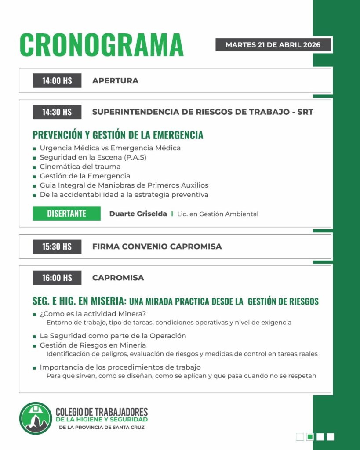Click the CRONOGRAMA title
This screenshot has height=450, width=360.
(101, 44)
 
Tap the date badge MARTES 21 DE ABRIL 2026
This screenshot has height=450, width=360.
(273, 45)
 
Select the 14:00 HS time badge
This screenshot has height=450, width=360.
(57, 81)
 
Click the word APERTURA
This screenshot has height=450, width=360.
(115, 81)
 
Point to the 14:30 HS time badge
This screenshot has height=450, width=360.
(57, 112)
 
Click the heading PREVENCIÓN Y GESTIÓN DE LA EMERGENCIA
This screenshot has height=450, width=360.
(118, 134)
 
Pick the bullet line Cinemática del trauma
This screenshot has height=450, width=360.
(80, 167)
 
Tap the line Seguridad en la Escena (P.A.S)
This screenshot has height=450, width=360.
(93, 157)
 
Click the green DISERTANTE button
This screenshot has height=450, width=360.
(66, 214)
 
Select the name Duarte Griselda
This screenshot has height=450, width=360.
(138, 214)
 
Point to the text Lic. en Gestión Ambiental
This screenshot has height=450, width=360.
(218, 214)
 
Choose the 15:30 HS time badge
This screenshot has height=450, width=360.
(57, 247)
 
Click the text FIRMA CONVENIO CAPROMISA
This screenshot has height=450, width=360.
(157, 247)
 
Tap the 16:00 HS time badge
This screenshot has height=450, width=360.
(57, 278)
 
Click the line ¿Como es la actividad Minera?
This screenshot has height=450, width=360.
(93, 314)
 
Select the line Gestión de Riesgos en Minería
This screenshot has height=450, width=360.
(93, 345)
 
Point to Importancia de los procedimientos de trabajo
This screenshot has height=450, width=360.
(120, 367)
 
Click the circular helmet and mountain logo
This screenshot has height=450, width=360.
(36, 418)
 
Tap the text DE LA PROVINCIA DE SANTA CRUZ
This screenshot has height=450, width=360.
(101, 427)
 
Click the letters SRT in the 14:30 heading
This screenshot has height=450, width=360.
(305, 112)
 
